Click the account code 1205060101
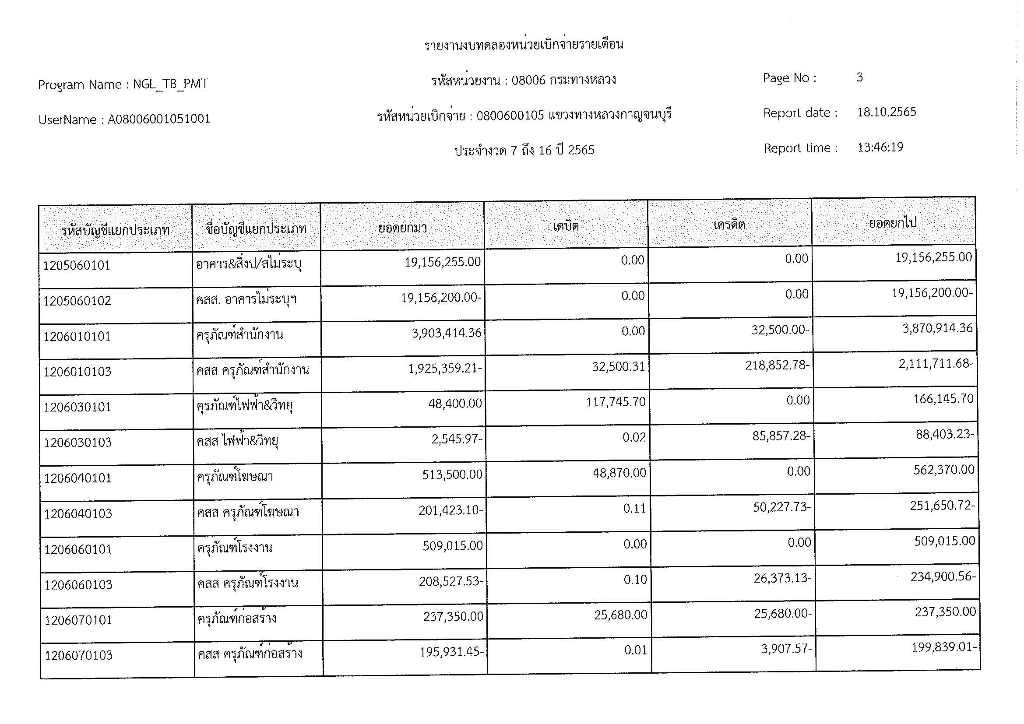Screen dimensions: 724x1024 point(77,266)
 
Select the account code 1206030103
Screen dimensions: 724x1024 point(77,443)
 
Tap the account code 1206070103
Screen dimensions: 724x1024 point(78,655)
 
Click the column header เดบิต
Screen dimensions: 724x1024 point(566,226)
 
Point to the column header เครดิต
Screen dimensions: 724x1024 point(729,224)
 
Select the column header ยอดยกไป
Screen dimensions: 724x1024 point(892,222)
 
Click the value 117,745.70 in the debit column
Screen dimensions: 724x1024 point(616,402)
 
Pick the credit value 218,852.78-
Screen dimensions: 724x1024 point(777,366)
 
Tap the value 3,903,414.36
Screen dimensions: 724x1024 point(447,333)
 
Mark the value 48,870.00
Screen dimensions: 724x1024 point(619,473)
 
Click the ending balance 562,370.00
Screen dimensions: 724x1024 point(944,470)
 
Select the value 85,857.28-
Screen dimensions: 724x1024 point(781,436)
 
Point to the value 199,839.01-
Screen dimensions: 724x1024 point(944,647)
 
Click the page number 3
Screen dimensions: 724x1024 point(859,77)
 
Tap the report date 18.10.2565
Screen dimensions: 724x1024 point(886,112)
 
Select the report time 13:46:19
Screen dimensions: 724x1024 point(880,147)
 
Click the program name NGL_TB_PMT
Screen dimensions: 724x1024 point(170,84)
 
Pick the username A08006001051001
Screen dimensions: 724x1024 point(159,119)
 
